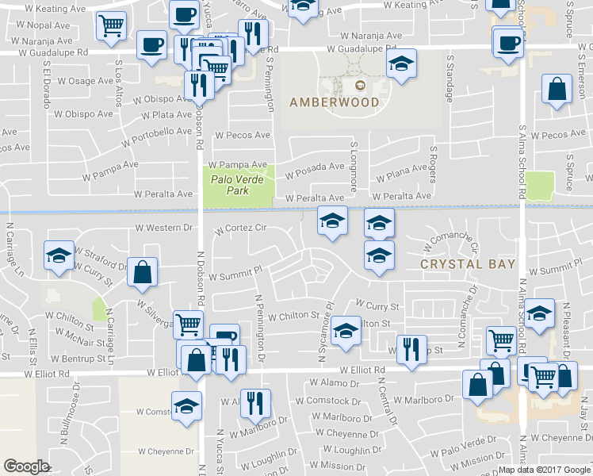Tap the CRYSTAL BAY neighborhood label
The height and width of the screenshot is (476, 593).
[468, 264]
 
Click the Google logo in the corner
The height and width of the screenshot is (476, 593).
[26, 466]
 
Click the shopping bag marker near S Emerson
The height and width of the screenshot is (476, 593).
[557, 90]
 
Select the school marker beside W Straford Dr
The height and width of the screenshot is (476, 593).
[59, 256]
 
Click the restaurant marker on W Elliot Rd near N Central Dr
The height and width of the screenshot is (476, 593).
[411, 350]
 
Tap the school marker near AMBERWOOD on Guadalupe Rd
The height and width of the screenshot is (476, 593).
[402, 65]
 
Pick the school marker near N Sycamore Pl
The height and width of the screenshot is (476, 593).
[346, 332]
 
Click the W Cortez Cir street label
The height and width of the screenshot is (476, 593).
[240, 228]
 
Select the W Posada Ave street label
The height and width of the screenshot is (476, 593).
[315, 169]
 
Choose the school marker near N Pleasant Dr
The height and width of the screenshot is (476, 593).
[539, 314]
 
